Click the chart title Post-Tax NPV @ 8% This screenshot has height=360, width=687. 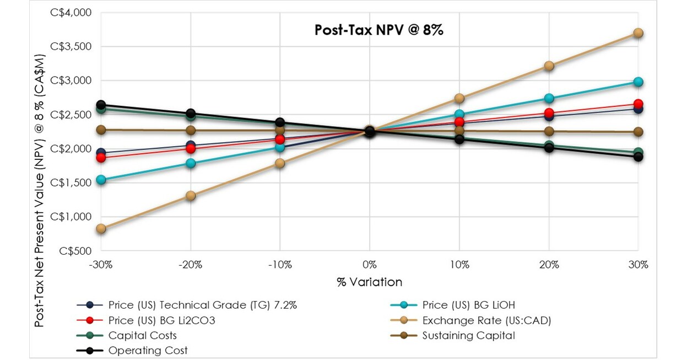tap(378, 30)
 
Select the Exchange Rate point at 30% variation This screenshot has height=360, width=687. tap(638, 33)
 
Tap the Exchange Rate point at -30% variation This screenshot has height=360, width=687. tap(101, 229)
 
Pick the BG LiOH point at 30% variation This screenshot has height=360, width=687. tap(638, 82)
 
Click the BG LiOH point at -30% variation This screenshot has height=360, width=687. tap(101, 180)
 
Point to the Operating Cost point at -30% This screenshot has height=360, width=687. tap(101, 105)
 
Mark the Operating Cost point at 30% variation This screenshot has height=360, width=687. tap(638, 157)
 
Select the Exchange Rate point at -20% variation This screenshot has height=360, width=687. tap(191, 196)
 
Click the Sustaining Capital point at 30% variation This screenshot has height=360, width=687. tap(638, 132)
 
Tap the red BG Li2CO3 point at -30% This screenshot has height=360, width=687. tap(101, 158)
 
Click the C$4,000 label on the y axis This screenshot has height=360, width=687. tap(72, 13)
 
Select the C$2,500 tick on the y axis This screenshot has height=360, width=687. tap(72, 115)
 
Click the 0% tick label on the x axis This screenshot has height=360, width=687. tap(370, 265)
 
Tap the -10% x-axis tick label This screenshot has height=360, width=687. tap(280, 265)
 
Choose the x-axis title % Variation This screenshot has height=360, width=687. tap(369, 282)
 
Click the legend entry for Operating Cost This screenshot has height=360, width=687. tap(148, 351)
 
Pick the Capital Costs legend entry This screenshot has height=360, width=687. tap(142, 335)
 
